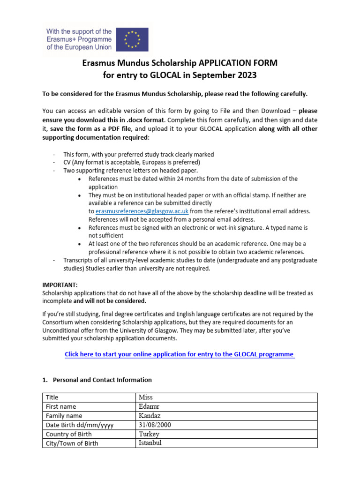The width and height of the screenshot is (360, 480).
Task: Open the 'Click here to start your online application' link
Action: (x=180, y=354)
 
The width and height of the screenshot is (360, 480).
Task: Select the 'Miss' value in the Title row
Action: (x=146, y=397)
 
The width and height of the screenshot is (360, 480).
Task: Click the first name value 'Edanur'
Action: (x=150, y=406)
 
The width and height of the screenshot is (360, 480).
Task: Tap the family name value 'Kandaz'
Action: (x=150, y=415)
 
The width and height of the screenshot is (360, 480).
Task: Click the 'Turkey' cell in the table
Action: (x=149, y=434)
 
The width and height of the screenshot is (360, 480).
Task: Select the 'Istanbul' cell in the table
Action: (x=150, y=442)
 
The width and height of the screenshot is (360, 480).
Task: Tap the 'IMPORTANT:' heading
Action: (x=60, y=285)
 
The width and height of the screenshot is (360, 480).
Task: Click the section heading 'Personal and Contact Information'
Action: (x=102, y=380)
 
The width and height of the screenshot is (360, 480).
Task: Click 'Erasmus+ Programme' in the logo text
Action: (x=79, y=39)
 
